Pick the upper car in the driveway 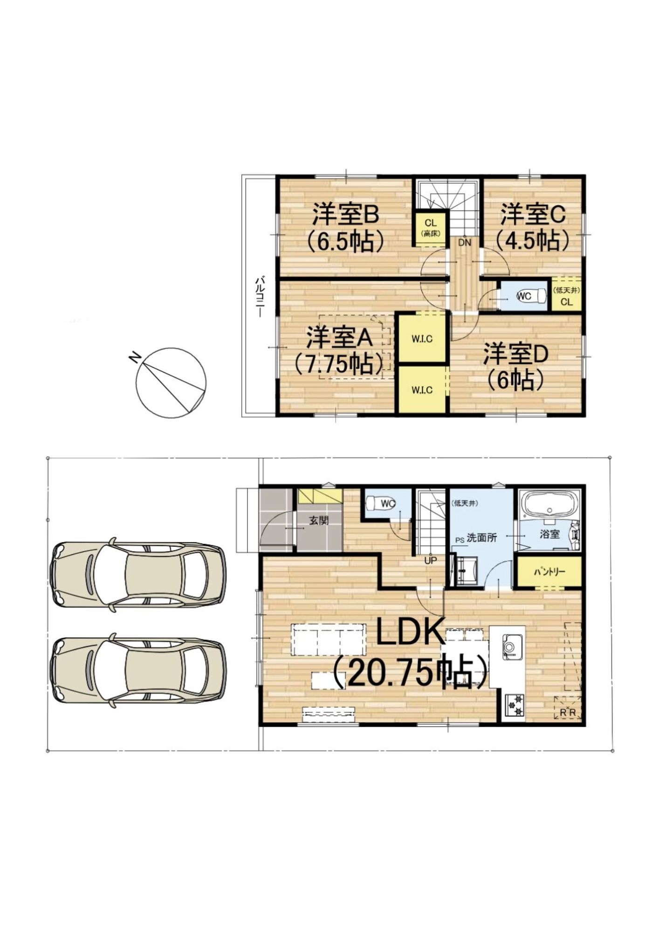pos(137,574)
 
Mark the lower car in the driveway pos(137,670)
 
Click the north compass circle pos(171,383)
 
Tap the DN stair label pos(465,243)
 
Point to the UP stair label pos(431,560)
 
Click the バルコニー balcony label pos(259,297)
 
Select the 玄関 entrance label pos(319,520)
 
